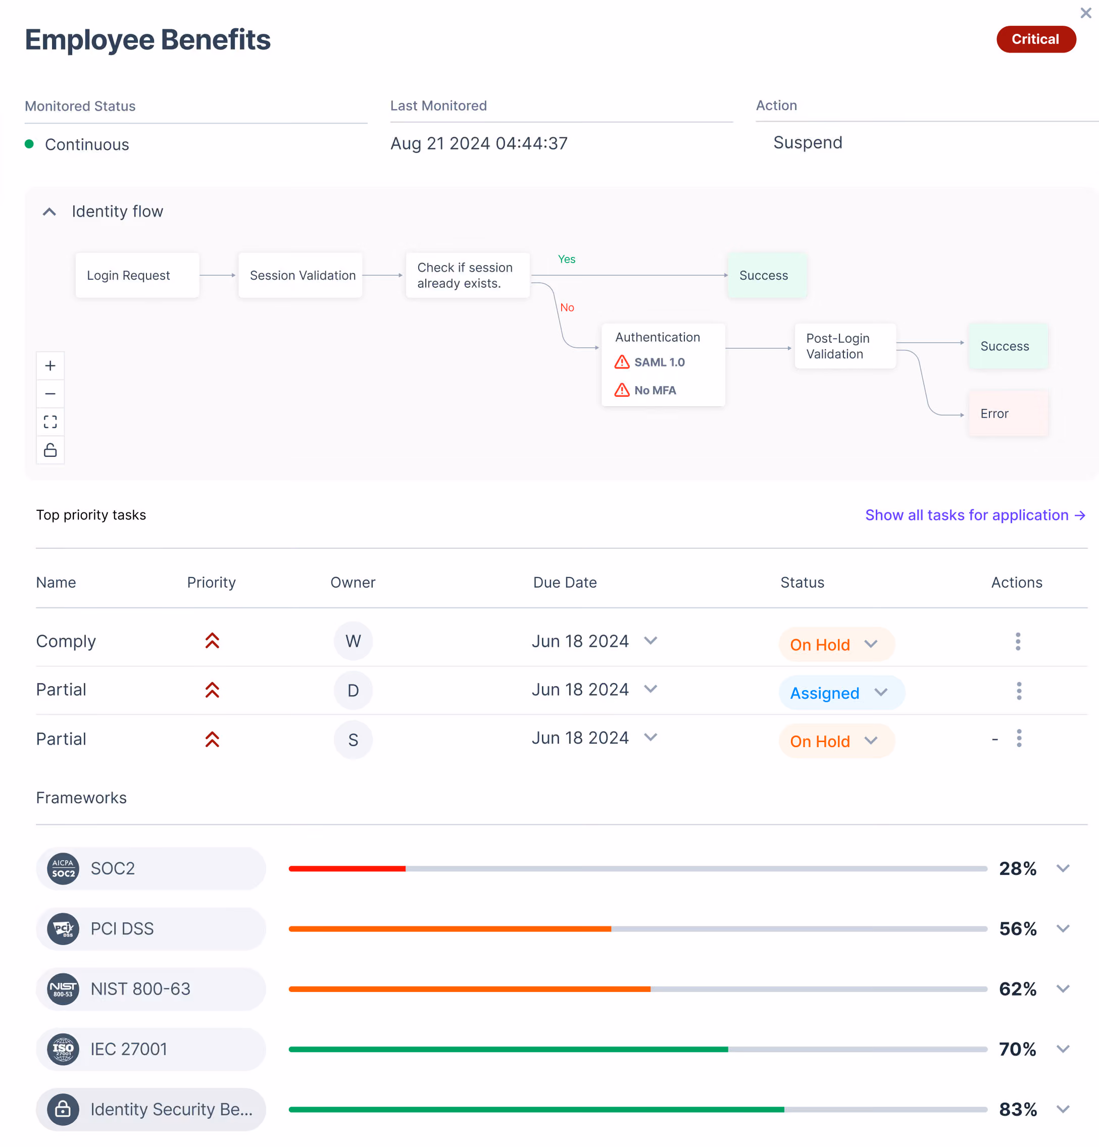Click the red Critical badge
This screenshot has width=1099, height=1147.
click(x=1035, y=39)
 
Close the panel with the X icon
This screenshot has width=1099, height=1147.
click(x=1085, y=13)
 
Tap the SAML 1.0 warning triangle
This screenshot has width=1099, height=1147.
click(x=622, y=362)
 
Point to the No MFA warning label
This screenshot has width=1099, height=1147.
click(x=655, y=390)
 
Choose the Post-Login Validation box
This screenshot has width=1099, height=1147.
click(x=844, y=346)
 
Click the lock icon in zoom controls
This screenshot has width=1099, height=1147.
click(x=51, y=450)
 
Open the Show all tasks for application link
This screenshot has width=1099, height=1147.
click(x=975, y=515)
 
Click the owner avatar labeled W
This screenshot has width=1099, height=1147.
click(x=353, y=641)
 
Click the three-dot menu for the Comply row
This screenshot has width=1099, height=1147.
click(x=1018, y=641)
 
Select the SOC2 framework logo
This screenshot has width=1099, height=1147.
click(x=63, y=868)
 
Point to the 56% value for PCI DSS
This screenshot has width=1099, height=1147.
click(x=1018, y=929)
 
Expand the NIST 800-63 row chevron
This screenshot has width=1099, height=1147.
click(x=1063, y=989)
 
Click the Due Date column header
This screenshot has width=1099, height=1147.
click(x=565, y=582)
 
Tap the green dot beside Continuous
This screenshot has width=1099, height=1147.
click(x=29, y=144)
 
